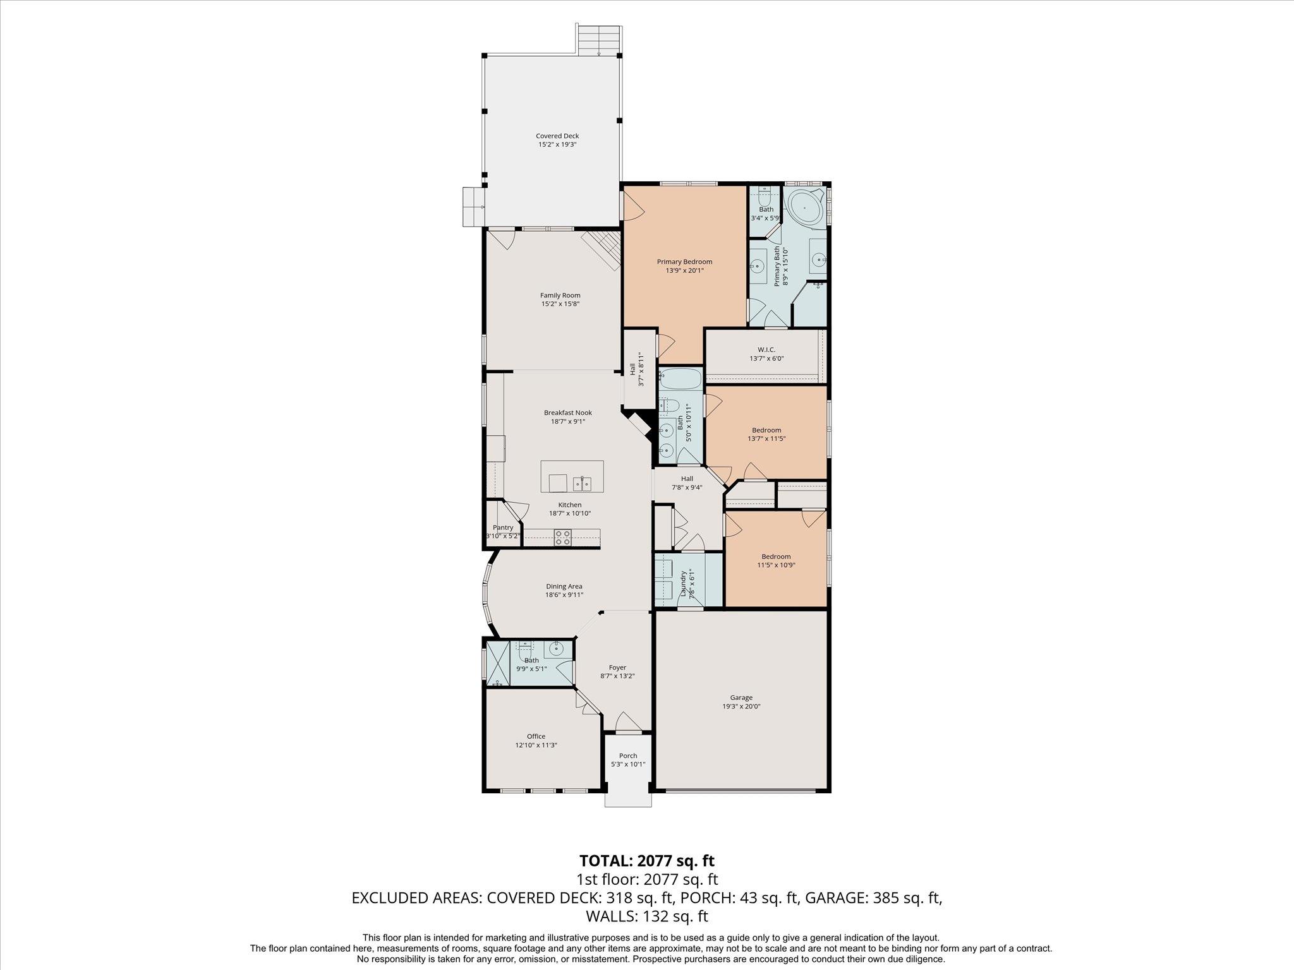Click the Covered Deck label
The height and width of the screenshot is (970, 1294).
click(x=557, y=136)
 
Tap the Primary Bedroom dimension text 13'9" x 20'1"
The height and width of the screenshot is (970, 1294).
click(x=684, y=270)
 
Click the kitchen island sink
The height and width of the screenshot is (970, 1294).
click(x=583, y=484)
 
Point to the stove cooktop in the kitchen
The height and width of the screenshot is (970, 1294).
click(x=563, y=537)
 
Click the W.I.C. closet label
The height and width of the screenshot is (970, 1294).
click(x=766, y=349)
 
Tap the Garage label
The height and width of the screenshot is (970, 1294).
click(x=741, y=698)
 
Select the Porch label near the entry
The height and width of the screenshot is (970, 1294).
click(x=628, y=755)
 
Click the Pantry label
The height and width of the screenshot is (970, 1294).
click(x=503, y=527)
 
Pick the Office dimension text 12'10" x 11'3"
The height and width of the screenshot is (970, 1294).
click(x=536, y=745)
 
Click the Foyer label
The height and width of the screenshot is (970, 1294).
click(x=617, y=667)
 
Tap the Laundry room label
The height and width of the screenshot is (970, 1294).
click(x=683, y=584)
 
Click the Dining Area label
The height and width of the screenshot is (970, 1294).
click(x=564, y=586)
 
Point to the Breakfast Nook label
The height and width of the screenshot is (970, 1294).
click(x=568, y=412)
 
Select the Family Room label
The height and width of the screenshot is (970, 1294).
click(x=560, y=295)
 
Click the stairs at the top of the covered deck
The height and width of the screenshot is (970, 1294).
click(x=599, y=41)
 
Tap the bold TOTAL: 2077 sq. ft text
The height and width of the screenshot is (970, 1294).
click(x=647, y=860)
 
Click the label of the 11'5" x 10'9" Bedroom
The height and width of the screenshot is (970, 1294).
click(x=775, y=556)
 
